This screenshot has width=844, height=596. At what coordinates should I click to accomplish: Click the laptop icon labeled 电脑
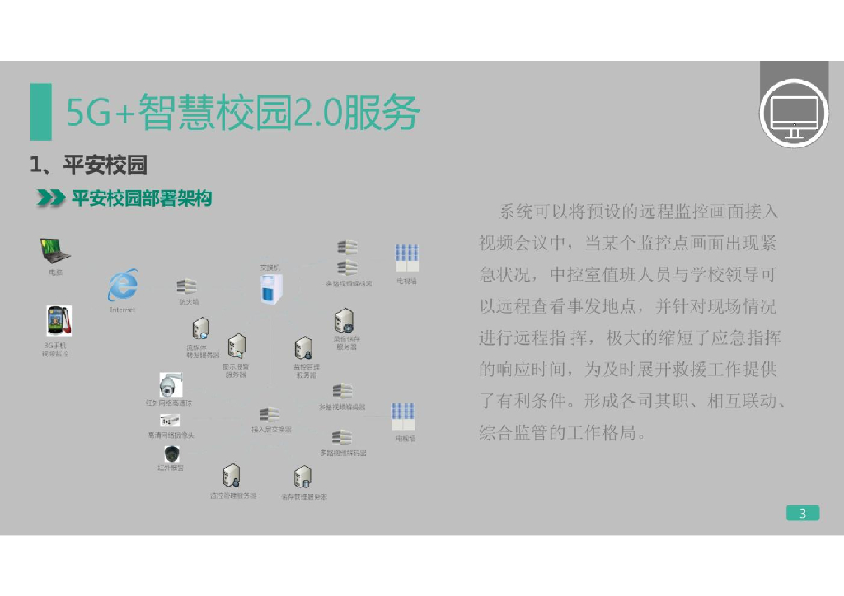tap(55, 250)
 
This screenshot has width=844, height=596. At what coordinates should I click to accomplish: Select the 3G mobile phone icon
tap(58, 321)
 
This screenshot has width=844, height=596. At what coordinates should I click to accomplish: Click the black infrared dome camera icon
tap(171, 454)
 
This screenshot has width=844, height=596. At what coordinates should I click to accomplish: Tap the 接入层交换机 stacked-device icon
tap(270, 415)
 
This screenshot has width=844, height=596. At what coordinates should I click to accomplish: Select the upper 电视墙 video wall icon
tap(406, 259)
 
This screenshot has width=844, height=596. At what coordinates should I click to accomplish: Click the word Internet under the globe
tap(123, 310)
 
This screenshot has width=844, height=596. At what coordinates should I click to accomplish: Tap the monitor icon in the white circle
tap(793, 114)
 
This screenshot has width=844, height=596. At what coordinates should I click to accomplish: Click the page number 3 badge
tap(802, 514)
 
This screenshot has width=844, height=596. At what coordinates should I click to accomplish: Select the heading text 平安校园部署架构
tap(142, 198)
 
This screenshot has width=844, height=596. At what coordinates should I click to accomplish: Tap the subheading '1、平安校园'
tap(88, 165)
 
